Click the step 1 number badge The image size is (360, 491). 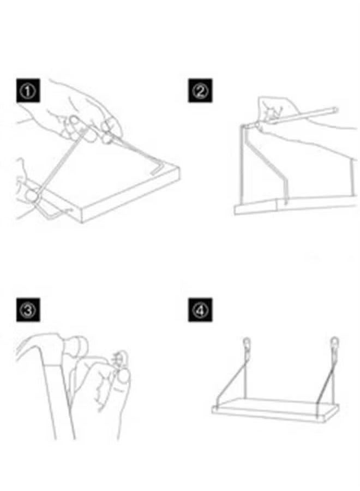[28, 91]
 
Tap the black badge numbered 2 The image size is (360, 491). [200, 91]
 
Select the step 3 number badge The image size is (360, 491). [28, 310]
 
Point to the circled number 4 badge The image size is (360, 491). [200, 310]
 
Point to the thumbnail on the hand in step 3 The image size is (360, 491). [124, 376]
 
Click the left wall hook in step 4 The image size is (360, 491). [247, 343]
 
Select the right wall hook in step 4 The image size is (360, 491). [334, 343]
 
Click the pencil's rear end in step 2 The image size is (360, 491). [335, 110]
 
